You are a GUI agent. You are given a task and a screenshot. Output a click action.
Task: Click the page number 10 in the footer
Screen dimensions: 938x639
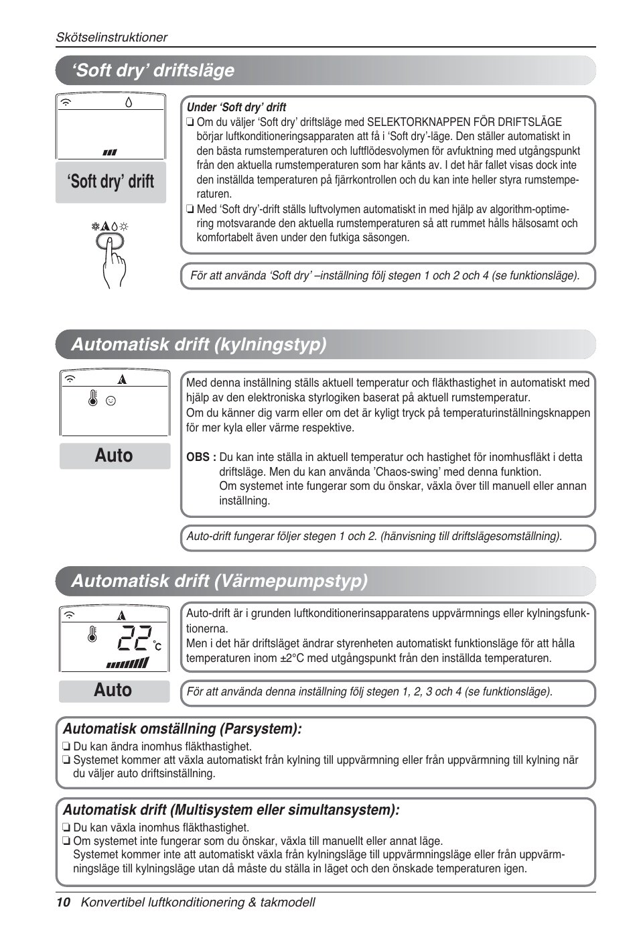click(x=63, y=902)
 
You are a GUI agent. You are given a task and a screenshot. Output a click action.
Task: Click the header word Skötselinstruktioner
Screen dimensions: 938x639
click(x=111, y=38)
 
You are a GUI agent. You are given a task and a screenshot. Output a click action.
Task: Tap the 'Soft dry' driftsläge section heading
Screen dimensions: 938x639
click(x=155, y=70)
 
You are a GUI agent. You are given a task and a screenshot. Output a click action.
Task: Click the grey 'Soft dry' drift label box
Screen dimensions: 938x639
click(x=111, y=182)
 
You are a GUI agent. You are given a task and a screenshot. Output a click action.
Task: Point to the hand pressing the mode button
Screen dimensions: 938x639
click(x=113, y=261)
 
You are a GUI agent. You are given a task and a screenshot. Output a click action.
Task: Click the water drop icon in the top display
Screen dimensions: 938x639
click(x=129, y=103)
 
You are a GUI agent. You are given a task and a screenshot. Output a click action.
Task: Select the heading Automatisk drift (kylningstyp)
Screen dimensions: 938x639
click(x=199, y=344)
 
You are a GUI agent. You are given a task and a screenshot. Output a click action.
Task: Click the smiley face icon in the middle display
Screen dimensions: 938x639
click(x=111, y=401)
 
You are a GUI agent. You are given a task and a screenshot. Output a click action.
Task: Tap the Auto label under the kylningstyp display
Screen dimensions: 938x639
click(x=114, y=456)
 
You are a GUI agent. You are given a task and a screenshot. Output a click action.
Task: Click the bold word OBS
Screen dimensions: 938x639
click(x=200, y=457)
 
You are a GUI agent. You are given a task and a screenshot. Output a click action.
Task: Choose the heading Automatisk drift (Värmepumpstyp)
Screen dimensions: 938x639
click(x=219, y=580)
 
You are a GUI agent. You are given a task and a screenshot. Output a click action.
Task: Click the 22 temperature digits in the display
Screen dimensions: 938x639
click(x=135, y=639)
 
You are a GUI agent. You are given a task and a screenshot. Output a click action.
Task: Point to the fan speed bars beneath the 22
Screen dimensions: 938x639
click(x=127, y=663)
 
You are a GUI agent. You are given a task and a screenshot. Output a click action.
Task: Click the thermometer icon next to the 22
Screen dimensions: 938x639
click(x=92, y=634)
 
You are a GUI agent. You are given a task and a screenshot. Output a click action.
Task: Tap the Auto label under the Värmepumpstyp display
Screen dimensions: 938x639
click(x=113, y=690)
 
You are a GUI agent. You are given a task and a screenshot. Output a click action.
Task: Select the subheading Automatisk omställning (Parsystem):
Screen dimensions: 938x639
click(x=182, y=729)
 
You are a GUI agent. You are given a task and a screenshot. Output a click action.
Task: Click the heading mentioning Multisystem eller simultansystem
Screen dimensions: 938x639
click(x=231, y=810)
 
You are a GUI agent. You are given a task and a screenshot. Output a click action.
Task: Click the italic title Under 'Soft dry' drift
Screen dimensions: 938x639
click(x=236, y=107)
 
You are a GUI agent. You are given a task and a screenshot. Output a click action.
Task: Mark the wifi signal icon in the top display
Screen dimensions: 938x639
click(x=66, y=103)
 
